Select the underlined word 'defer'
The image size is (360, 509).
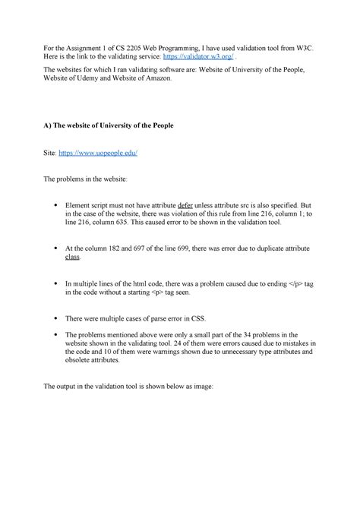[x=186, y=205]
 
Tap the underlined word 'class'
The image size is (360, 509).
[x=74, y=258]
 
